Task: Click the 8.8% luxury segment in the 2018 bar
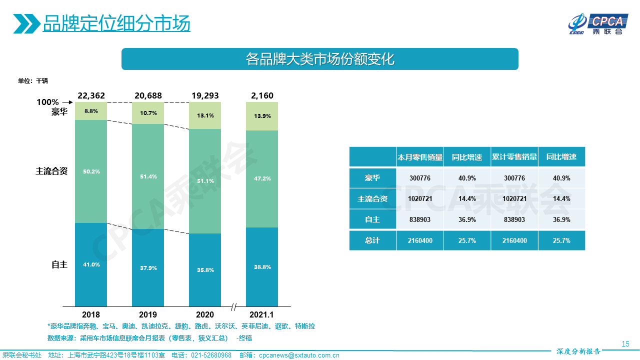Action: point(91,111)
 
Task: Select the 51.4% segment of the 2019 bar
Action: point(148,176)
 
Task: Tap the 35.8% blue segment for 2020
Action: point(205,270)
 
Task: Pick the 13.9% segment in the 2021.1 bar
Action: point(262,116)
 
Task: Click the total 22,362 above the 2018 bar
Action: point(91,95)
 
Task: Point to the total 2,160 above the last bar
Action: point(262,95)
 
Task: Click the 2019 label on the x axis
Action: point(148,314)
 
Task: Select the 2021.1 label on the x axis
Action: point(262,314)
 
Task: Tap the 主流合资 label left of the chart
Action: point(51,171)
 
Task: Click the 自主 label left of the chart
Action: point(59,264)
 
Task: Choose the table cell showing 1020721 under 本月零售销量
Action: point(419,198)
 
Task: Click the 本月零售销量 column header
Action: point(419,157)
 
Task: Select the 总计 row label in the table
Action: point(372,240)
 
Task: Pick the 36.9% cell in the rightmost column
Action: point(561,219)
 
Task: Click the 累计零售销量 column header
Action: point(514,157)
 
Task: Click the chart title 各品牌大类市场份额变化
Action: point(320,59)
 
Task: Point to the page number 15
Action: point(625,343)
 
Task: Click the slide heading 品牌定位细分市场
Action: point(116,23)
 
